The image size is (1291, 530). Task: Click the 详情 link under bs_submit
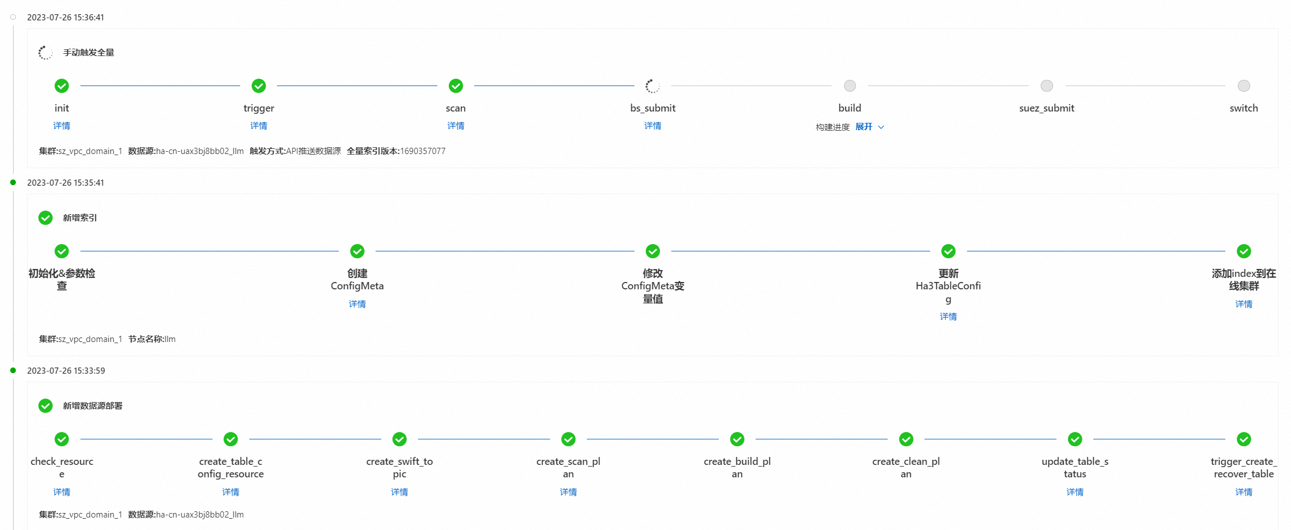pyautogui.click(x=653, y=126)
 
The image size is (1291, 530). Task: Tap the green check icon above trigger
pyautogui.click(x=259, y=86)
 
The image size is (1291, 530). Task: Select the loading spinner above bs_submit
pyautogui.click(x=653, y=86)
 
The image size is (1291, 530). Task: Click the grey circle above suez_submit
pyautogui.click(x=1047, y=86)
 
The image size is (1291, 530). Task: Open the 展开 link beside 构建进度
pyautogui.click(x=864, y=127)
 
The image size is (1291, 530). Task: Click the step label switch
pyautogui.click(x=1244, y=108)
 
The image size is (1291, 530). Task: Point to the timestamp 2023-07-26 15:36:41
pyautogui.click(x=66, y=18)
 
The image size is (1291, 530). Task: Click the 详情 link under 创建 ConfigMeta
pyautogui.click(x=357, y=304)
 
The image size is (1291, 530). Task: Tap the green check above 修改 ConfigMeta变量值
pyautogui.click(x=653, y=251)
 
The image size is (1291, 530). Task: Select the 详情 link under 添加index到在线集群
pyautogui.click(x=1244, y=304)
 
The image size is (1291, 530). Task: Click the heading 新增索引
pyautogui.click(x=80, y=218)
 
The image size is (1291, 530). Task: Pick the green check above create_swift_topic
pyautogui.click(x=399, y=439)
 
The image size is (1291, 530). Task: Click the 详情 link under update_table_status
pyautogui.click(x=1075, y=492)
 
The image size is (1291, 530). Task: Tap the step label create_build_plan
pyautogui.click(x=737, y=468)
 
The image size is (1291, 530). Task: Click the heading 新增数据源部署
pyautogui.click(x=93, y=406)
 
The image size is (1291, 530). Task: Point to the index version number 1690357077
pyautogui.click(x=423, y=151)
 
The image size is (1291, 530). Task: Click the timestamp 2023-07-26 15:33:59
pyautogui.click(x=66, y=371)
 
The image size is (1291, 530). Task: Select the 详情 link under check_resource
pyautogui.click(x=62, y=492)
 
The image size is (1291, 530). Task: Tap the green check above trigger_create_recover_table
pyautogui.click(x=1244, y=439)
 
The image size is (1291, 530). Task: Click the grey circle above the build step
pyautogui.click(x=850, y=86)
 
